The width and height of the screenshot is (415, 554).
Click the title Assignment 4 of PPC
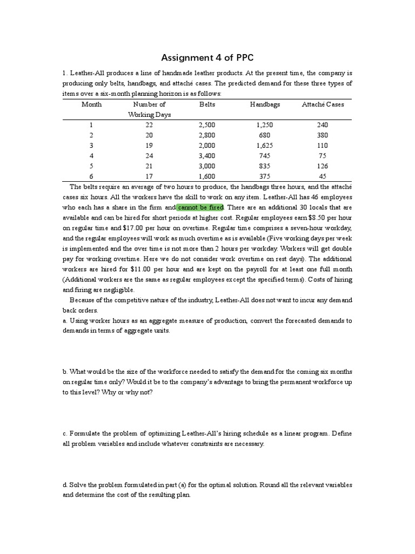(207, 58)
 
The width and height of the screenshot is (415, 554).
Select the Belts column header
(207, 104)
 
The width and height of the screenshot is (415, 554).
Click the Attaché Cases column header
(323, 104)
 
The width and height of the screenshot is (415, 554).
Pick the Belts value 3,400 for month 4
(207, 156)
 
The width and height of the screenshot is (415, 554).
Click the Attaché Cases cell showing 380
(323, 135)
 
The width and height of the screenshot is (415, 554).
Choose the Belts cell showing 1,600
(207, 176)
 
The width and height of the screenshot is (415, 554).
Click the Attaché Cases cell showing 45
(323, 176)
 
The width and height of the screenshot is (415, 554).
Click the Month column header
(91, 104)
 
